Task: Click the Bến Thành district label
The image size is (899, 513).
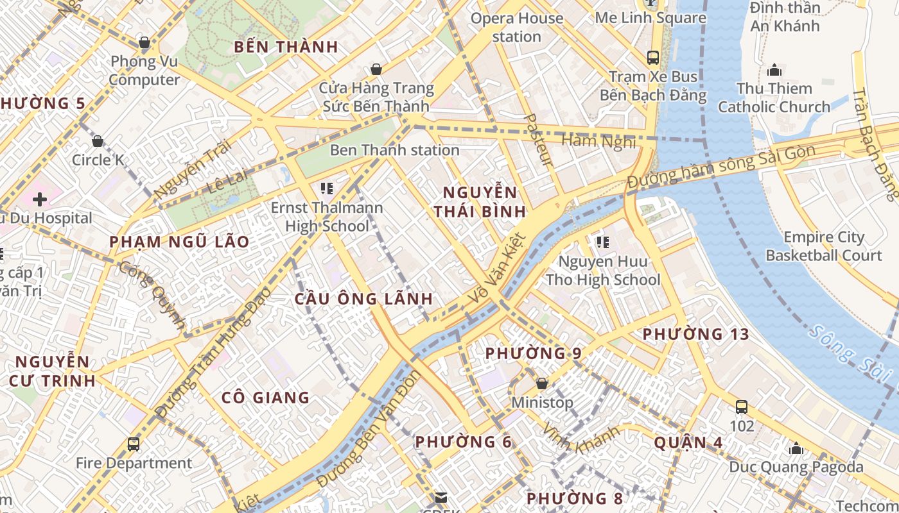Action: point(286,47)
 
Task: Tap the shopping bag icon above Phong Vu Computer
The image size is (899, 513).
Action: point(144,43)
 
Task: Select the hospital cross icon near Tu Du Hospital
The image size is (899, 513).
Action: point(40,199)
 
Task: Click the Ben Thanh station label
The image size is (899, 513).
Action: point(394,150)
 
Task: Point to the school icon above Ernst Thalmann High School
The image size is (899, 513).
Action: point(326,189)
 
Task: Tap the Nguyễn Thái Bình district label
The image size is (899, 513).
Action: point(480,201)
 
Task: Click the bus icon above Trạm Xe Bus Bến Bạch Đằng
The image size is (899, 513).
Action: point(653,57)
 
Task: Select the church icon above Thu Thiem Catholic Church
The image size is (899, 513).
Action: point(774,69)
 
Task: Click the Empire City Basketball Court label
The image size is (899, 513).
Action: point(823,246)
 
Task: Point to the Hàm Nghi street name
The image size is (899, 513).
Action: point(598,141)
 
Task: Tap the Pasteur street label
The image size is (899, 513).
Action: point(538,140)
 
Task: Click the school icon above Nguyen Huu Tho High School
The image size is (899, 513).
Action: point(602,242)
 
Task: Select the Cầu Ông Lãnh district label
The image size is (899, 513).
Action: point(363,299)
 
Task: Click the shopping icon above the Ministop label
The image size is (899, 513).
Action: point(542,383)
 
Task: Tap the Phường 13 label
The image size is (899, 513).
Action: point(696,334)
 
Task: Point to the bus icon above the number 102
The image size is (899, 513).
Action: point(742,407)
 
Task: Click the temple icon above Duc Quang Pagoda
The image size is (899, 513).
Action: point(796,448)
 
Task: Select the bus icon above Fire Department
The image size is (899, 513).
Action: point(134,444)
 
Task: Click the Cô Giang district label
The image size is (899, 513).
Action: point(265,398)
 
